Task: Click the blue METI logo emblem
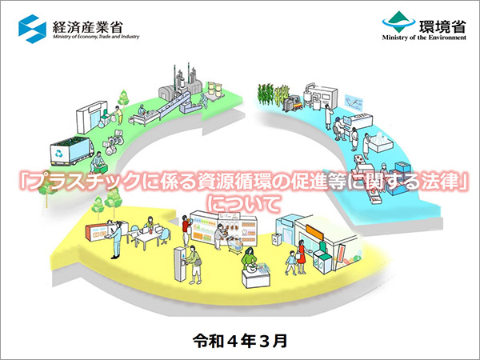tap(32, 29)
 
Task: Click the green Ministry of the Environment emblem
tap(398, 22)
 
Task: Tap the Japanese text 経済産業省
tap(87, 27)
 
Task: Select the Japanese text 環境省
tap(442, 26)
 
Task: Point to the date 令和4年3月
tap(240, 341)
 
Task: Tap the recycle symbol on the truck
tap(58, 154)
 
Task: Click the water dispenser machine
tap(180, 264)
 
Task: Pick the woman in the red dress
tap(302, 257)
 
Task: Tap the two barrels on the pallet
tap(214, 90)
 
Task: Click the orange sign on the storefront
tap(314, 233)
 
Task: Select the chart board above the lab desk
tap(354, 102)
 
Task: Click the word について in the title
tap(244, 204)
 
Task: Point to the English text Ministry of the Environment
tap(424, 38)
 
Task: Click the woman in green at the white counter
tap(250, 259)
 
